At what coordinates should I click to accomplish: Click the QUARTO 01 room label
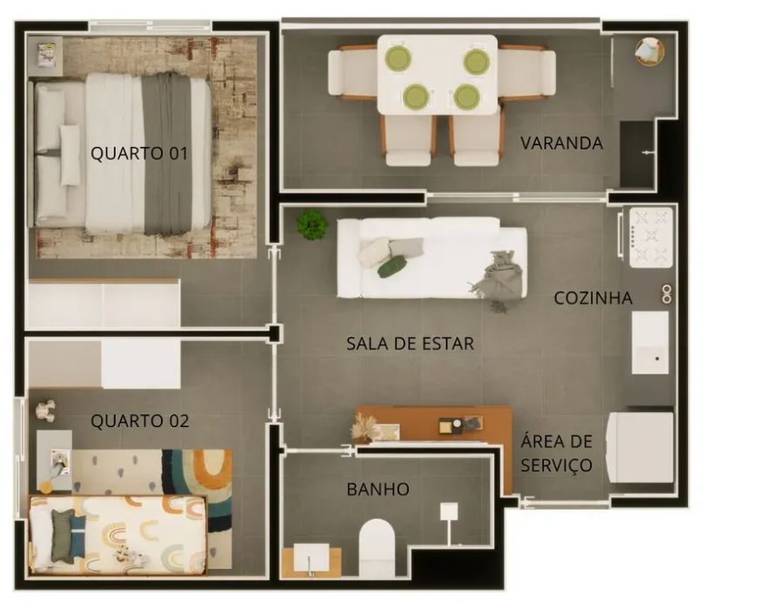click(x=139, y=153)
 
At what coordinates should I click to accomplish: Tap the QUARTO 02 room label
click(x=139, y=421)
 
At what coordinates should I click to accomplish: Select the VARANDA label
click(x=562, y=143)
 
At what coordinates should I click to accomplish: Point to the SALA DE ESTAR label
click(x=410, y=344)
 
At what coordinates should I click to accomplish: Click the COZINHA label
click(x=593, y=298)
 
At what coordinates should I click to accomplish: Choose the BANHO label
click(x=378, y=490)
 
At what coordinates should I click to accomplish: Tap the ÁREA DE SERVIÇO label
click(x=557, y=453)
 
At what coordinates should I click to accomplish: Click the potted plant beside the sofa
click(x=312, y=225)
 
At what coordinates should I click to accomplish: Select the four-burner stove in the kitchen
click(x=651, y=237)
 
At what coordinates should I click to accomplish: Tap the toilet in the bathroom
click(x=377, y=547)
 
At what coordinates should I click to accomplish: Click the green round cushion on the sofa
click(x=392, y=267)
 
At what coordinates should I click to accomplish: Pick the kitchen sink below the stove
click(x=650, y=343)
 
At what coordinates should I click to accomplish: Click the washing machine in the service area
click(x=640, y=447)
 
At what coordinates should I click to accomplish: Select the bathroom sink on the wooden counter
click(x=312, y=559)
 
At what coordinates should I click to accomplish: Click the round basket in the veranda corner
click(x=649, y=51)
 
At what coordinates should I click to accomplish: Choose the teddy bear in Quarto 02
click(x=45, y=411)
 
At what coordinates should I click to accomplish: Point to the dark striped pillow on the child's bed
click(x=63, y=536)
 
